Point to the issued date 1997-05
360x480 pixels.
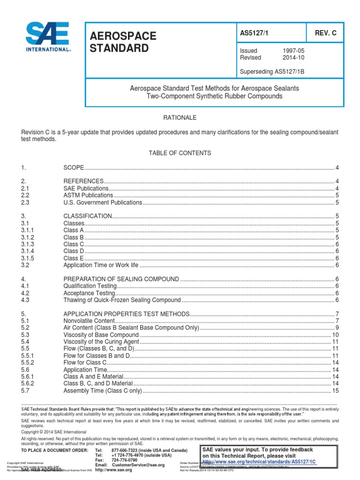(293, 51)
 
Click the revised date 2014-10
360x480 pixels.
(293, 58)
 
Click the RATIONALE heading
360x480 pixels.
(180, 118)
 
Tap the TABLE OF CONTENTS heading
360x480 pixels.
(180, 153)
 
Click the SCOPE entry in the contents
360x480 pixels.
(74, 167)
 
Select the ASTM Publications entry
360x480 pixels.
(88, 195)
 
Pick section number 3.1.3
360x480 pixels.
(28, 244)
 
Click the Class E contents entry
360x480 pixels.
(74, 258)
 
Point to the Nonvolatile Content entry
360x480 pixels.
(90, 321)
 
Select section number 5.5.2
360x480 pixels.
(28, 363)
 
